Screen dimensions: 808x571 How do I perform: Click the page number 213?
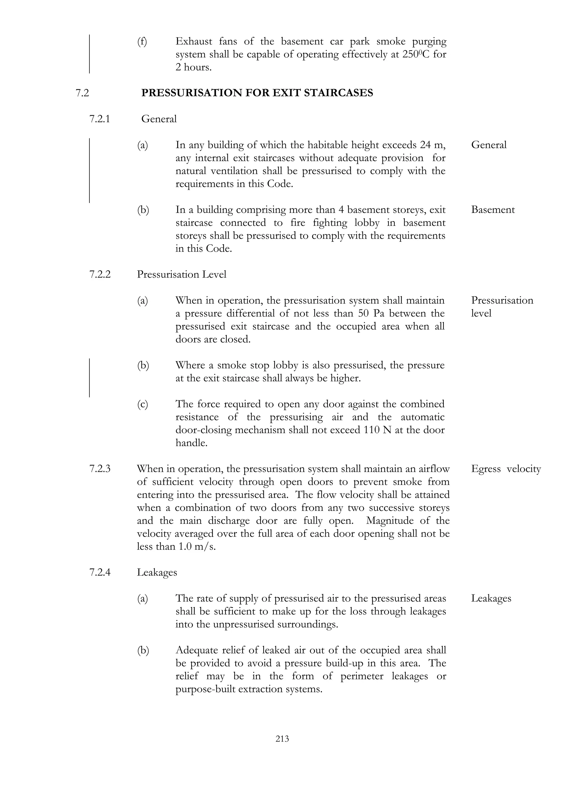pyautogui.click(x=282, y=739)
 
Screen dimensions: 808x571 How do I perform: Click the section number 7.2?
pyautogui.click(x=82, y=93)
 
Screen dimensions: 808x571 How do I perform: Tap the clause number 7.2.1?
pyautogui.click(x=100, y=119)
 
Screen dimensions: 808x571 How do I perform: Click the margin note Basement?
pyautogui.click(x=493, y=210)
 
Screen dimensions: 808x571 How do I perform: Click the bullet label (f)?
pyautogui.click(x=142, y=42)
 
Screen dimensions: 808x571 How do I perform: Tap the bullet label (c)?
pyautogui.click(x=142, y=404)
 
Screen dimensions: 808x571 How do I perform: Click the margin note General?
pyautogui.click(x=489, y=145)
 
